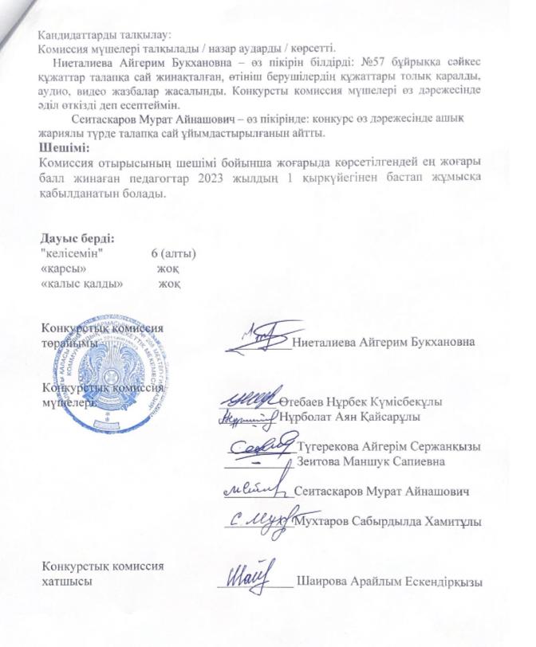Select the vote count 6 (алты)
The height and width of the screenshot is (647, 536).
tap(173, 254)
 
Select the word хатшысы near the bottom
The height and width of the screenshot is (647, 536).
tap(65, 581)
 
